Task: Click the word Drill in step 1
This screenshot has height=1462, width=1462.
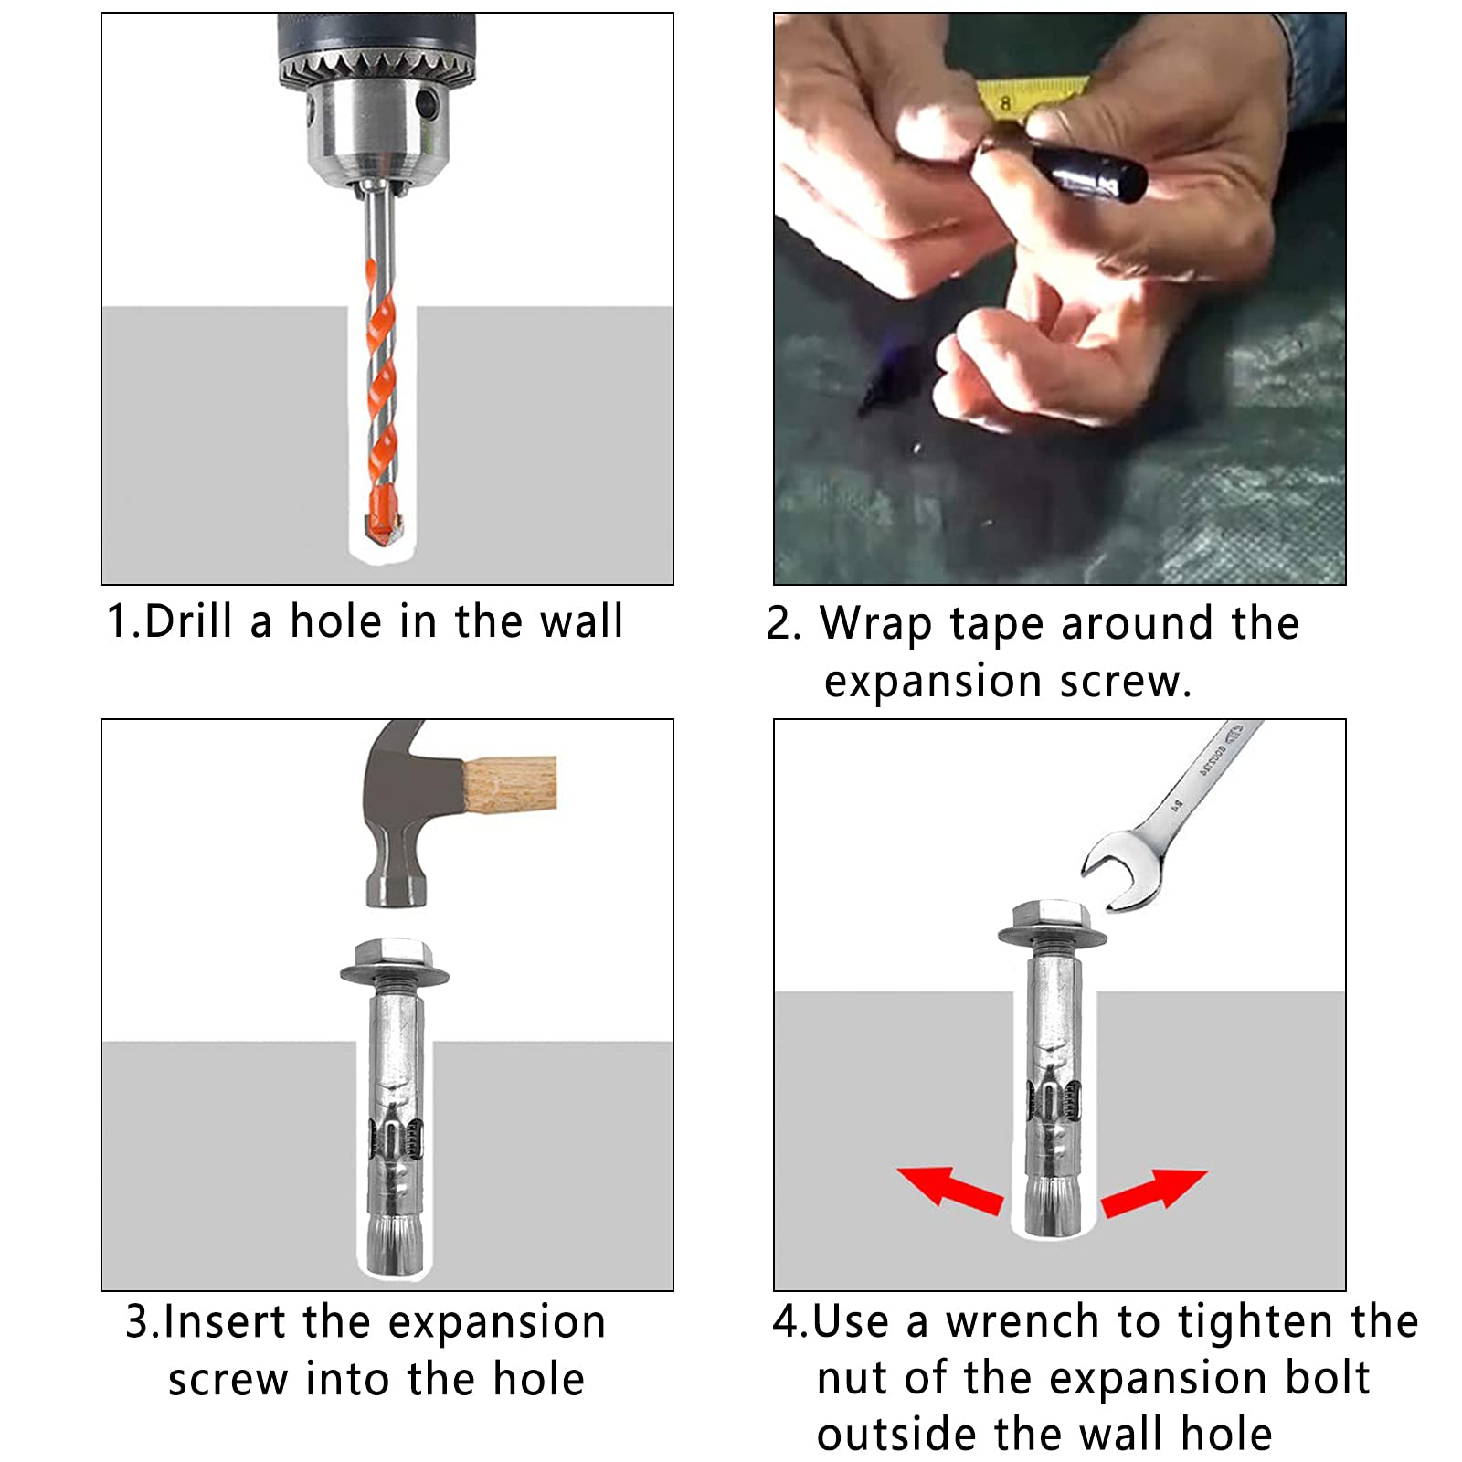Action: tap(188, 622)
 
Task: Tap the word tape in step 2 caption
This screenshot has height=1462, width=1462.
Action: tap(997, 626)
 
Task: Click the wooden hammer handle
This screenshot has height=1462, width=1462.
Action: tap(510, 784)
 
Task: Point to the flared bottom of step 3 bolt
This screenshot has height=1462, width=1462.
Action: tap(395, 1245)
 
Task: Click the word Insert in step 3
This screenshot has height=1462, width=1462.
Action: tap(225, 1322)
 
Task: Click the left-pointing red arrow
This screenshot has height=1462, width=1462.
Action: tap(950, 1190)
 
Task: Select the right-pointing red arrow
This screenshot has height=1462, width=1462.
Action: tap(1154, 1192)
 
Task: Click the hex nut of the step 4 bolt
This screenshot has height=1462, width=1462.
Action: tap(1052, 916)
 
